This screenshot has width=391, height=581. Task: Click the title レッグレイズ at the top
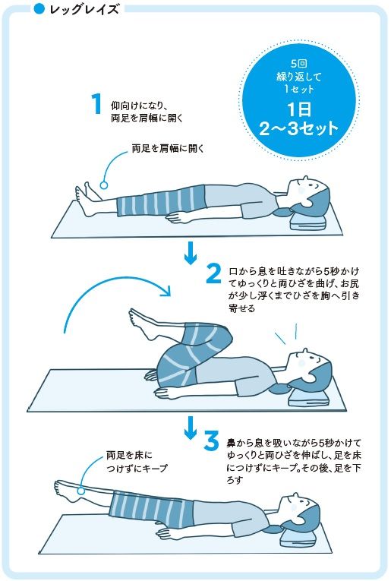point(84,9)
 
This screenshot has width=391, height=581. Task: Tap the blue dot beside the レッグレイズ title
point(39,9)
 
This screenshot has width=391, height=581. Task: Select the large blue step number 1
point(96,103)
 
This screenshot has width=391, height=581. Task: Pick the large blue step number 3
point(211,441)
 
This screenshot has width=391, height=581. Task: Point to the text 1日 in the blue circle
point(299,109)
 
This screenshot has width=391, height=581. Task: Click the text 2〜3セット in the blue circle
point(299,129)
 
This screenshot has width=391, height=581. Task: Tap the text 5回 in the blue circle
point(299,64)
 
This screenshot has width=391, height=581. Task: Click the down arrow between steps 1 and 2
point(191,253)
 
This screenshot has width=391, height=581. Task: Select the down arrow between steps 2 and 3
point(191,428)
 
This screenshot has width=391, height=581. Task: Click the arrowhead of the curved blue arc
point(166,291)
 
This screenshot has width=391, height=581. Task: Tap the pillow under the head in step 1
point(307,224)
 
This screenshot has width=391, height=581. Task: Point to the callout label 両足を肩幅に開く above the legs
point(168,149)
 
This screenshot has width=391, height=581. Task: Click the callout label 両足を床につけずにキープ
point(137,461)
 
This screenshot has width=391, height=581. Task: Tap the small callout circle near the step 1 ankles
point(104,185)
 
